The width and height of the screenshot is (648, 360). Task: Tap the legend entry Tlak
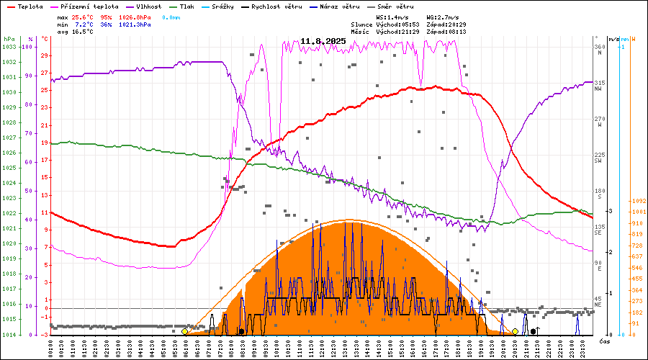190,6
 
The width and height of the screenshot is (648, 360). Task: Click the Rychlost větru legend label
274,6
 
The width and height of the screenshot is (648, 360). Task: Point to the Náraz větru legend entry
341,6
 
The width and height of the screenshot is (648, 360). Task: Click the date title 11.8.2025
323,41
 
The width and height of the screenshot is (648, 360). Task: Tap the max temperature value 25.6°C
84,17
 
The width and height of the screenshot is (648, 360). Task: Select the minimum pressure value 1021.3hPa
135,24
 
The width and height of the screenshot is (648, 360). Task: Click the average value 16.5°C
84,31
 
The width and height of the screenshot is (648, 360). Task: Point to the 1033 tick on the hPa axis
9,47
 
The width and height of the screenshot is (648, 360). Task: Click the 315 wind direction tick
598,83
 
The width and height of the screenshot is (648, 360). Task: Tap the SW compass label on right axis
598,161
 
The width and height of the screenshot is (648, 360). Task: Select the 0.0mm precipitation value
171,17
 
